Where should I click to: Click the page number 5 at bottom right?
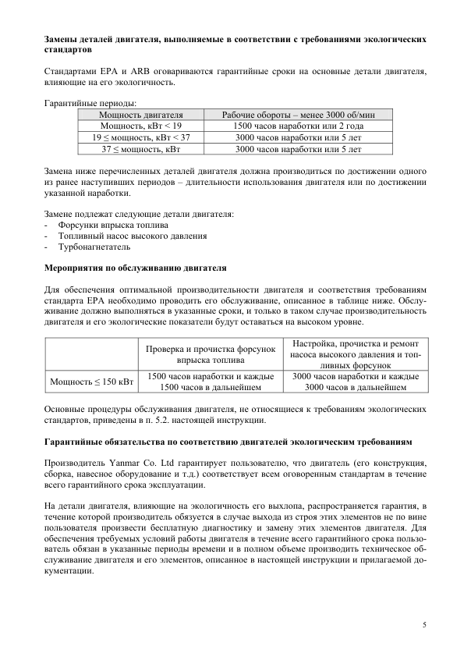coord(424,624)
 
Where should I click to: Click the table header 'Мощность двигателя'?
coord(140,115)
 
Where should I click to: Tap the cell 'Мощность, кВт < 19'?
coord(140,125)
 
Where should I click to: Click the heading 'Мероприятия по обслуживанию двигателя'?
coord(134,268)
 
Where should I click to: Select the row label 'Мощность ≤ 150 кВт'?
coord(91,382)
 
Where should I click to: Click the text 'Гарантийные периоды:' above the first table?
coord(90,103)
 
